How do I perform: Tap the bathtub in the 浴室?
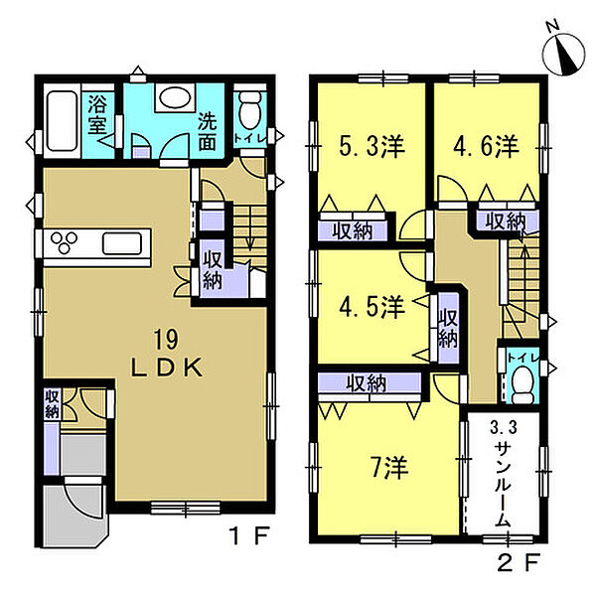(63, 121)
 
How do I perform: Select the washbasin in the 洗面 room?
(175, 97)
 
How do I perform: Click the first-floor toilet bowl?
(250, 110)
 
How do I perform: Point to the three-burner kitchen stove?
(64, 242)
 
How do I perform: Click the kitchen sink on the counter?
(122, 243)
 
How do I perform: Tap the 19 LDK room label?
(167, 354)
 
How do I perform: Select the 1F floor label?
(250, 535)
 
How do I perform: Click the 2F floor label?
(519, 562)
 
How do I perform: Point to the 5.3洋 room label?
(372, 147)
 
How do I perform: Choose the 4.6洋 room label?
(486, 147)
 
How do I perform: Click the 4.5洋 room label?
(372, 307)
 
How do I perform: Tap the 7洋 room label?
(389, 467)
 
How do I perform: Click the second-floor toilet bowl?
(523, 384)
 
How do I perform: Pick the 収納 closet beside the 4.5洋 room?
(448, 329)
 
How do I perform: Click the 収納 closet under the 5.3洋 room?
(352, 231)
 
